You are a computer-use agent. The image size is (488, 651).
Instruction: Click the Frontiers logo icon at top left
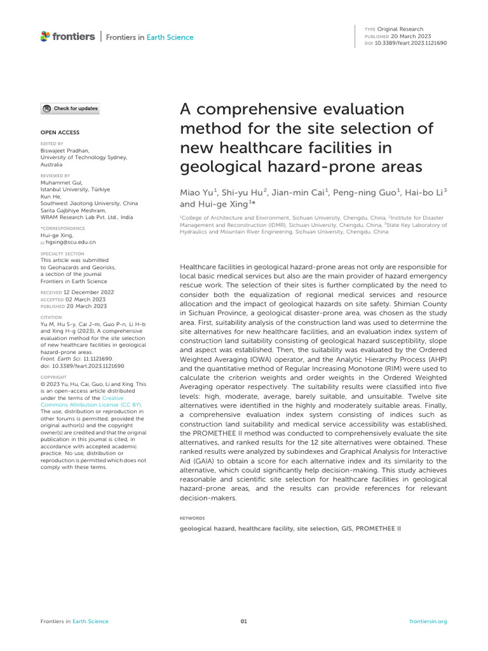click(x=45, y=37)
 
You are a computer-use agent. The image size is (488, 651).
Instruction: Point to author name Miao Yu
click(x=198, y=192)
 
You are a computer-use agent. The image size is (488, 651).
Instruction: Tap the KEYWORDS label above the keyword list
click(x=193, y=518)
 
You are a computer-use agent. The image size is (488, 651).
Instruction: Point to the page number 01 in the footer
click(x=243, y=621)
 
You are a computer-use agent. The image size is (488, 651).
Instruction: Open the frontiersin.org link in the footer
click(x=428, y=621)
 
